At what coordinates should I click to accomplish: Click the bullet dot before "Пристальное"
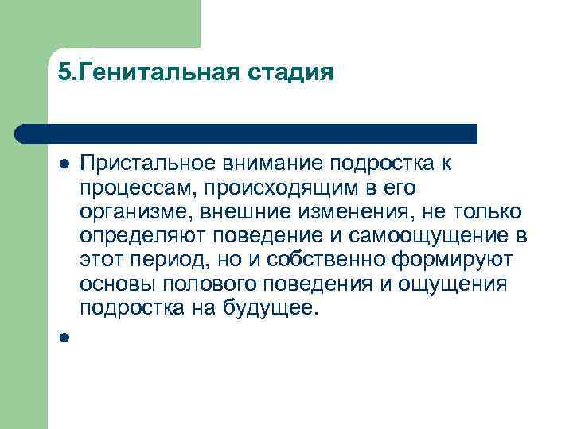tap(64, 164)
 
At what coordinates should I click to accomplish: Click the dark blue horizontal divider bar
tap(247, 133)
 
